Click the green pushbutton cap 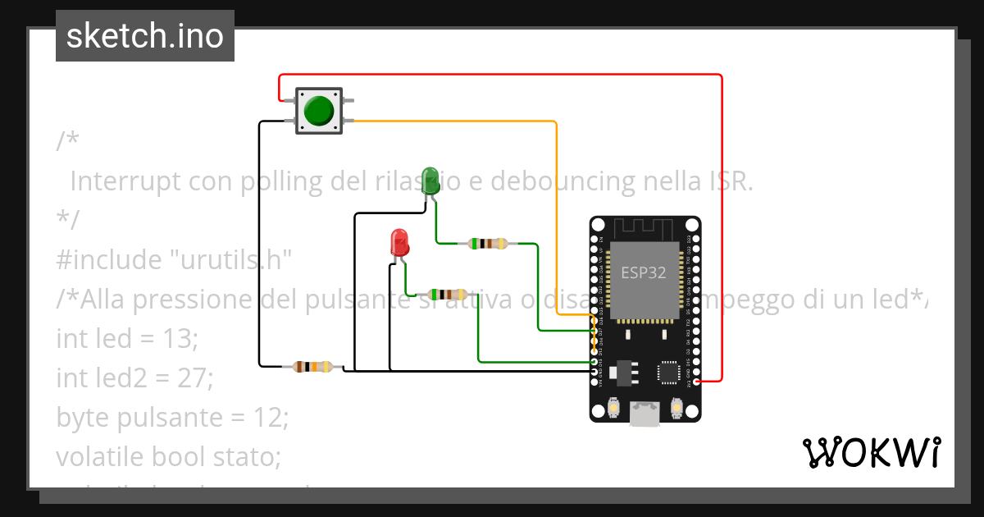[319, 110]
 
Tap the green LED [429, 180]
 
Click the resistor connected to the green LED [487, 243]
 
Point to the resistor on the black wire [313, 367]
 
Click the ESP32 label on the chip [644, 273]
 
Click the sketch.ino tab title [145, 36]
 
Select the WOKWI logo [871, 452]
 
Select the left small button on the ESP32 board [614, 406]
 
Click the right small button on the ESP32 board [677, 406]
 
